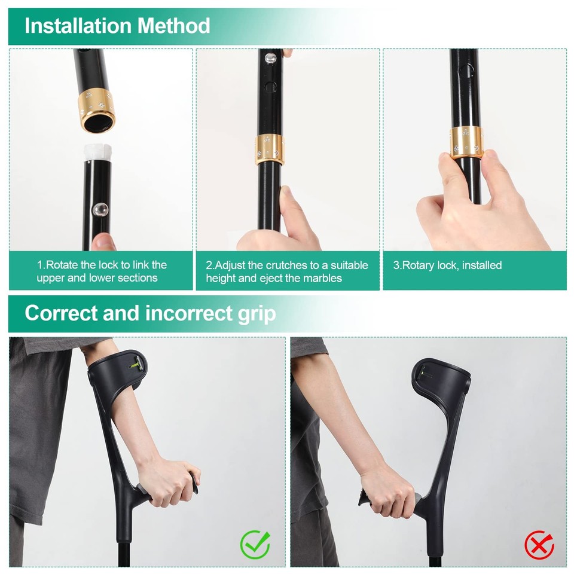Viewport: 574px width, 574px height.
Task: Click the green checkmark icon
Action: coord(255,544)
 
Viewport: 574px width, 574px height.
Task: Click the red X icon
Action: coord(539,545)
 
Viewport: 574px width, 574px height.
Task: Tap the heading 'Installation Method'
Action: coord(117,26)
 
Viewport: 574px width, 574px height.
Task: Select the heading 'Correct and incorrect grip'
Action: coord(150,313)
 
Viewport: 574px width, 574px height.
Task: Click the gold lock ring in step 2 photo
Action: coord(268,149)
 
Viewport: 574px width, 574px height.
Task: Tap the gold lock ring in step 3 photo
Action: coord(466,142)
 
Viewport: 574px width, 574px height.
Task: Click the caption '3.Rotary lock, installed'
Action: coord(447,265)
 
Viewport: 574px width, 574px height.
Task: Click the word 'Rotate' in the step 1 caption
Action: coord(62,265)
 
